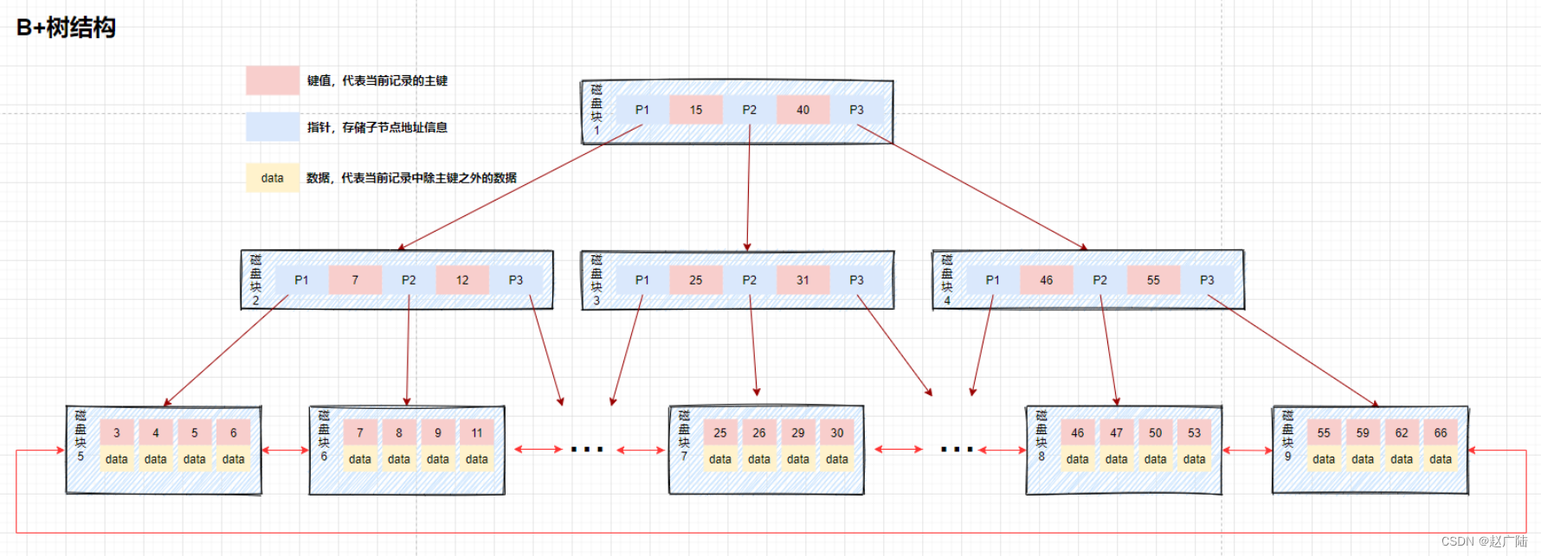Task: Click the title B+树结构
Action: [66, 28]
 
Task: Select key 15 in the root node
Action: [696, 110]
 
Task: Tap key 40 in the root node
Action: [803, 110]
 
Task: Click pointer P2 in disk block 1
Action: [750, 110]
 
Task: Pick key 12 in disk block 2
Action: [462, 280]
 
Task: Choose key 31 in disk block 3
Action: [803, 280]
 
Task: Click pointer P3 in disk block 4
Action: [1207, 280]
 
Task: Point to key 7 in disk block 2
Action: [355, 280]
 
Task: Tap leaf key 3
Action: [117, 433]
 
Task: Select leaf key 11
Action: [477, 433]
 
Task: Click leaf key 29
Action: [798, 433]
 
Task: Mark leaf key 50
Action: [1156, 433]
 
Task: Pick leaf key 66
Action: [1441, 433]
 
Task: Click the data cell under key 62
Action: [1402, 459]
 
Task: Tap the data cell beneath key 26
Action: [759, 459]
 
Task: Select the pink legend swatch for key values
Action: [273, 80]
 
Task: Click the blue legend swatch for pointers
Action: [273, 127]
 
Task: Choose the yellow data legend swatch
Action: [273, 178]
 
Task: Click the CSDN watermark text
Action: [1484, 541]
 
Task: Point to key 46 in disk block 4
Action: [1047, 280]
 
